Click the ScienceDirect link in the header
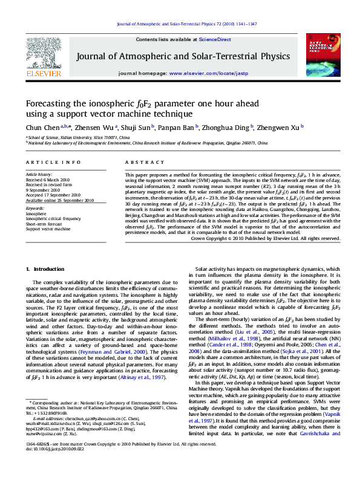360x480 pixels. click(x=215, y=39)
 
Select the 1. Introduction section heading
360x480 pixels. click(x=44, y=268)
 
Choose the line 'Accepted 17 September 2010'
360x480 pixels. click(x=53, y=195)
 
